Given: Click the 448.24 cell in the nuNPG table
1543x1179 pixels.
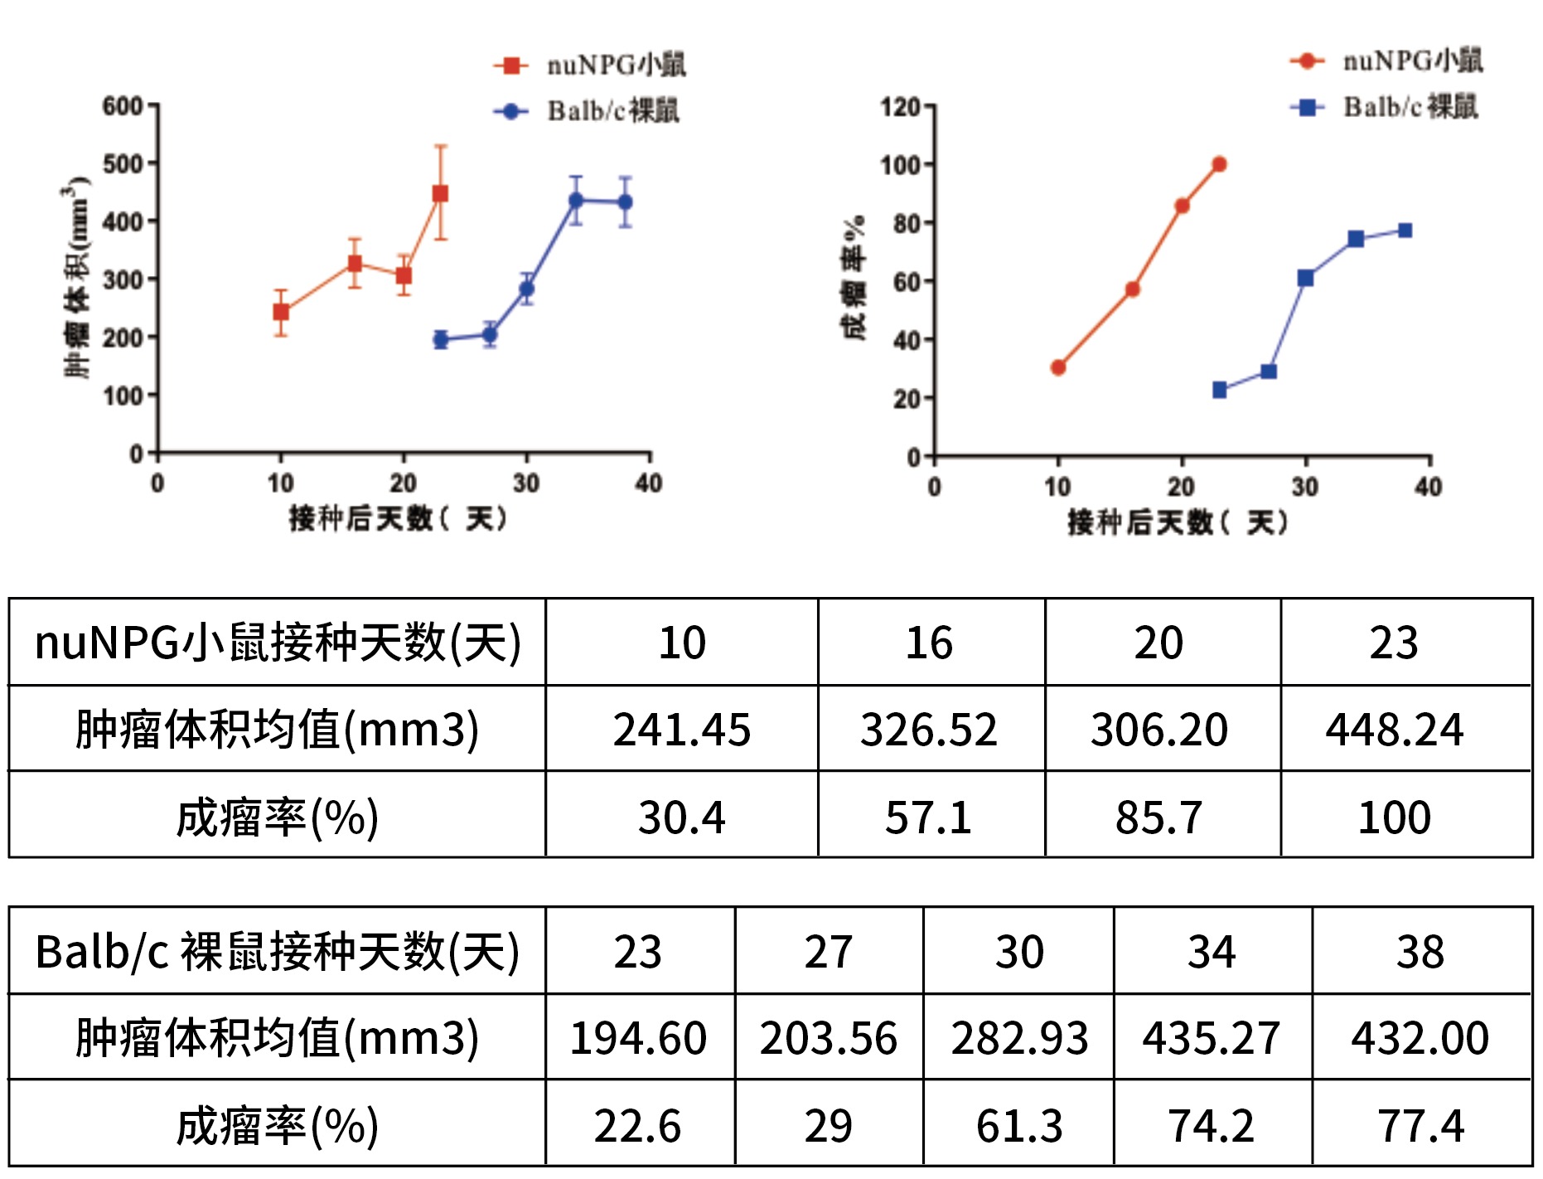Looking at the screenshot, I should point(1395,730).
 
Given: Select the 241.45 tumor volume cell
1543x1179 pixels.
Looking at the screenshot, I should point(681,730).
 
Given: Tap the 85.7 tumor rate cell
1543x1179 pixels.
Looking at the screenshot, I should point(1158,818).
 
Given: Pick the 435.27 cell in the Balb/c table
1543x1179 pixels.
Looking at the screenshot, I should point(1212,1038).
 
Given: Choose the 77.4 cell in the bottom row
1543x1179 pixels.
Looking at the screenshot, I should point(1420,1126).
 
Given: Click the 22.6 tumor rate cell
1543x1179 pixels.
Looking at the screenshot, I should point(637,1126).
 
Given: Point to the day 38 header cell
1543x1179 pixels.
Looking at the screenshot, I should point(1420,951).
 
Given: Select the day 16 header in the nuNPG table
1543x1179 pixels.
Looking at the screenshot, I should point(929,643).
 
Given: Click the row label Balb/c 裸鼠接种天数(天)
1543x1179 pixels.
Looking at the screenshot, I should point(277,951).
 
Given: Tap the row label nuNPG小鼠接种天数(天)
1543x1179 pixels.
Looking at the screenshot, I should point(277,643).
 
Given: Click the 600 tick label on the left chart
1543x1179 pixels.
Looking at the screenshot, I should point(123,106).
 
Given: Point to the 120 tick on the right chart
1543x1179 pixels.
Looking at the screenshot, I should point(900,107).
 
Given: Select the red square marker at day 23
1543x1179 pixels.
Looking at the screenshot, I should point(441,193).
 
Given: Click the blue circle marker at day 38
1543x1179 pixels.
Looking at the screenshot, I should point(625,201).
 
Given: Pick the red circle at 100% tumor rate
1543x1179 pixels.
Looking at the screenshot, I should point(1219,164).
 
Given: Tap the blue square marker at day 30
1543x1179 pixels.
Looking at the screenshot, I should point(1305,278).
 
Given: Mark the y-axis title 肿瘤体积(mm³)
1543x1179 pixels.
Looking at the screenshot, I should point(77,278).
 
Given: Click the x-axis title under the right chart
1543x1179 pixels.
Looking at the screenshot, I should point(1178,522).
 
